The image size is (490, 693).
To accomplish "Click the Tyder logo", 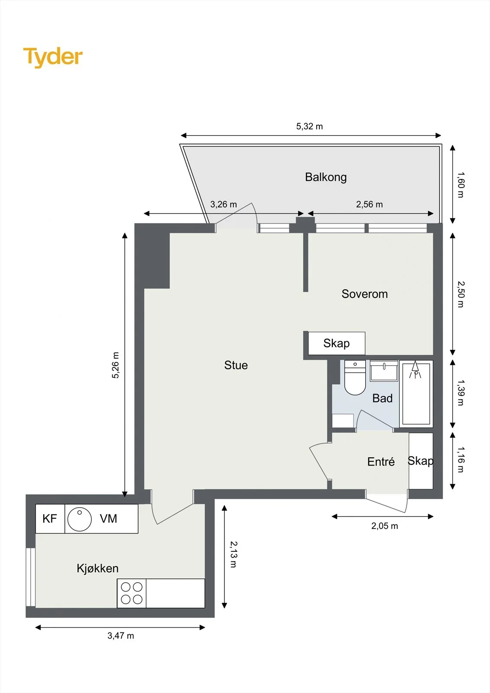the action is (x=53, y=57).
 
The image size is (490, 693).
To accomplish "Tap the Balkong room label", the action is (x=326, y=177).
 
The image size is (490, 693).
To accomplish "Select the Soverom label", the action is (x=365, y=294).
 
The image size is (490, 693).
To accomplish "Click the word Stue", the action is (x=236, y=365).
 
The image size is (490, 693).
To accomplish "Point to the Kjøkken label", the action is (x=97, y=568).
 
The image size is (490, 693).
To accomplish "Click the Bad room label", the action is (x=382, y=398).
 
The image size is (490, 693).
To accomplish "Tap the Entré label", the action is (x=381, y=462).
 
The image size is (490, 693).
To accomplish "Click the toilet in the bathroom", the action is (x=355, y=377).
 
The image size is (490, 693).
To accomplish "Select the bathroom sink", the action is (x=384, y=370).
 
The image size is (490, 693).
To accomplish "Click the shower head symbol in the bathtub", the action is (x=415, y=369).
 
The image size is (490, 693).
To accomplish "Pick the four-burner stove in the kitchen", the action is (x=132, y=593).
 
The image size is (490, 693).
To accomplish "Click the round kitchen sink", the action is (x=80, y=519).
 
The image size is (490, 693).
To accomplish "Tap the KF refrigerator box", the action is (x=50, y=519).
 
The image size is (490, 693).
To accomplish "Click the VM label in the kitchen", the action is (x=108, y=518).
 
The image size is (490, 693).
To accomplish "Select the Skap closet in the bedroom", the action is (x=337, y=343).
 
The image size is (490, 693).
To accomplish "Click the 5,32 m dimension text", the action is (x=309, y=126).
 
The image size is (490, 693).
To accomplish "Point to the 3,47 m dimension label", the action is (x=121, y=635).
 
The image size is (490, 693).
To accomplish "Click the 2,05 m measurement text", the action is (x=385, y=526).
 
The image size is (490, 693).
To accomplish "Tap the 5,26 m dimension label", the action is (x=115, y=365).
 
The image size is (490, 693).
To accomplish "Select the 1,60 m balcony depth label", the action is (x=461, y=185).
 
